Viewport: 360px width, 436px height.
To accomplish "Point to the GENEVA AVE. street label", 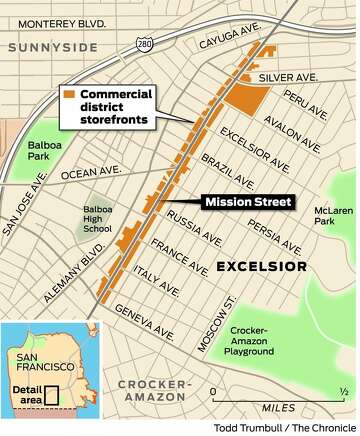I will click(x=150, y=318).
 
